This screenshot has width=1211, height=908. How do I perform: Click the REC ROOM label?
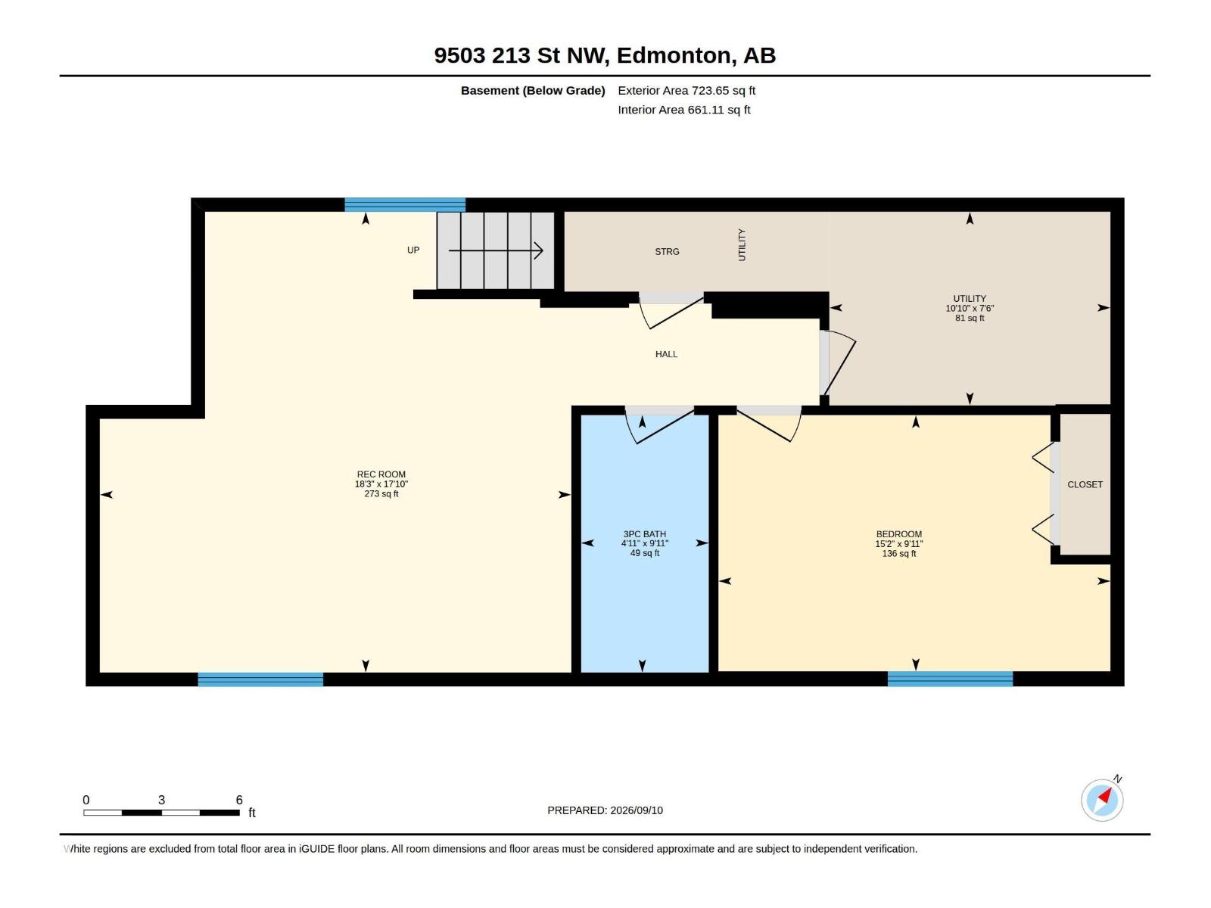pos(381,474)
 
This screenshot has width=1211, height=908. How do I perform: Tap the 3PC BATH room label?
pos(644,533)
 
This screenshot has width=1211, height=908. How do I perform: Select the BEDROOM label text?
pos(898,533)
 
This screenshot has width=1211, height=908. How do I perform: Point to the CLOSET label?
pos(1085,484)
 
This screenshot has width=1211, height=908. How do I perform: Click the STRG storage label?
pos(667,251)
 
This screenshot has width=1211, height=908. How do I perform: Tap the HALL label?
pos(666,354)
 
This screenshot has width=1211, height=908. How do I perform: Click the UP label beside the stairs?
pos(413,250)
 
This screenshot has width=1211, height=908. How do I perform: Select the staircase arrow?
pos(496,251)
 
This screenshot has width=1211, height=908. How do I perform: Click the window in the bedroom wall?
pos(949,679)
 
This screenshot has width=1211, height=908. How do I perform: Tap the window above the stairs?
pos(405,204)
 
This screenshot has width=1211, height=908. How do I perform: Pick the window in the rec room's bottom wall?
pos(260,679)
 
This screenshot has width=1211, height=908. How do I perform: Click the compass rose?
pos(1102,800)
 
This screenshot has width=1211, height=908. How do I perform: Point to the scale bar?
pos(162,813)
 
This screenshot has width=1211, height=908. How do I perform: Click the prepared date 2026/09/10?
pos(636,810)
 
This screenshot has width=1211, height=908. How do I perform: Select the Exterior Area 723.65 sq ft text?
pos(686,90)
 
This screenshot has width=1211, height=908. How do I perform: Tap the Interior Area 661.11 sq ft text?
pos(684,110)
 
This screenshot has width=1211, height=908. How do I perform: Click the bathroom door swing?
pos(660,425)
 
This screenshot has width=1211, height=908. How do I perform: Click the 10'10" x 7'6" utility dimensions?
pos(970,308)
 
